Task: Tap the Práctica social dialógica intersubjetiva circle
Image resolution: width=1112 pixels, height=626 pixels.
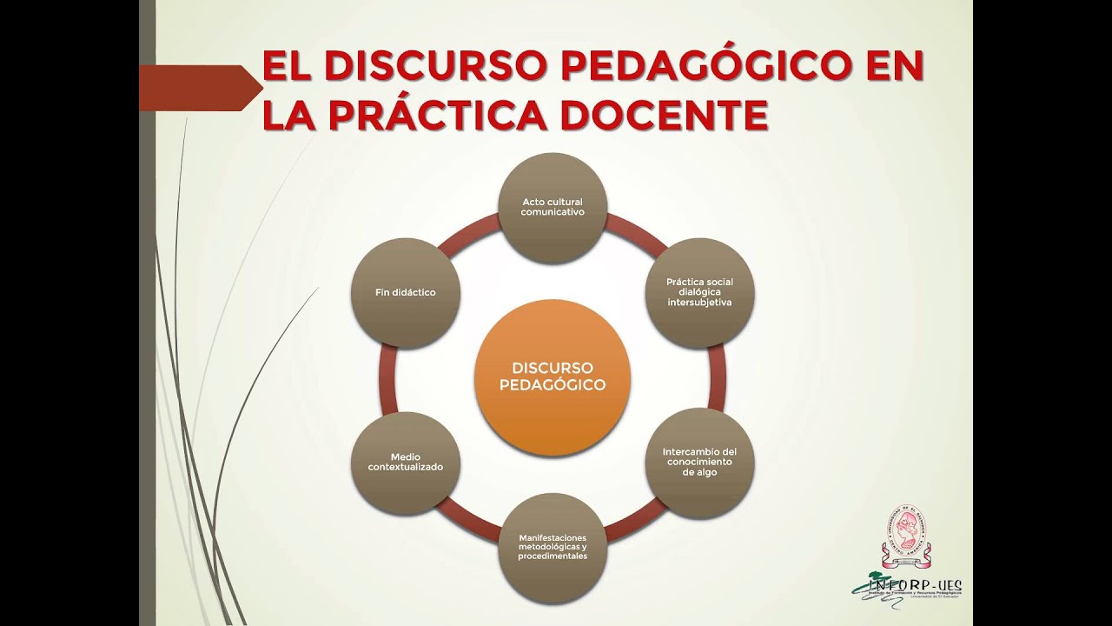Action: tap(699, 293)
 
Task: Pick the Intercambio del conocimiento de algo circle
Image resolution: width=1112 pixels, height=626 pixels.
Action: tap(699, 463)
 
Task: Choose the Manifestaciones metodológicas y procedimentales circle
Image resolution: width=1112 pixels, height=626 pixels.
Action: tap(553, 548)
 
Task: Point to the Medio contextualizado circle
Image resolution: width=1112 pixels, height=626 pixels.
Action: tap(405, 463)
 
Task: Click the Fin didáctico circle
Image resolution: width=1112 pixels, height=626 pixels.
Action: tap(405, 293)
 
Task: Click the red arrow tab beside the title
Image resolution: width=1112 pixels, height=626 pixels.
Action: tap(200, 88)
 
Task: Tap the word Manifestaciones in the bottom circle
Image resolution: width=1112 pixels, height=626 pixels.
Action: tap(552, 537)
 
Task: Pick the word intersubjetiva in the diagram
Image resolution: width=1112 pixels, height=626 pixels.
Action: tap(699, 303)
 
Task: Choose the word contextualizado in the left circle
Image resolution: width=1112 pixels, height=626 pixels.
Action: tap(405, 468)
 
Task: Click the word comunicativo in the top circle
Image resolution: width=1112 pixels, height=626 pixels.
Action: tap(553, 212)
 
